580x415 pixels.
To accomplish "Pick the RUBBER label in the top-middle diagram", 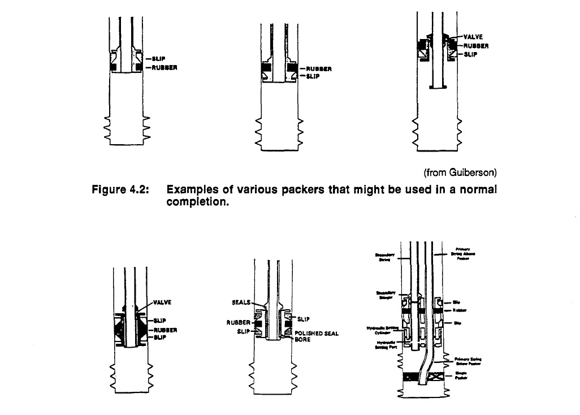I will (318, 69).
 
